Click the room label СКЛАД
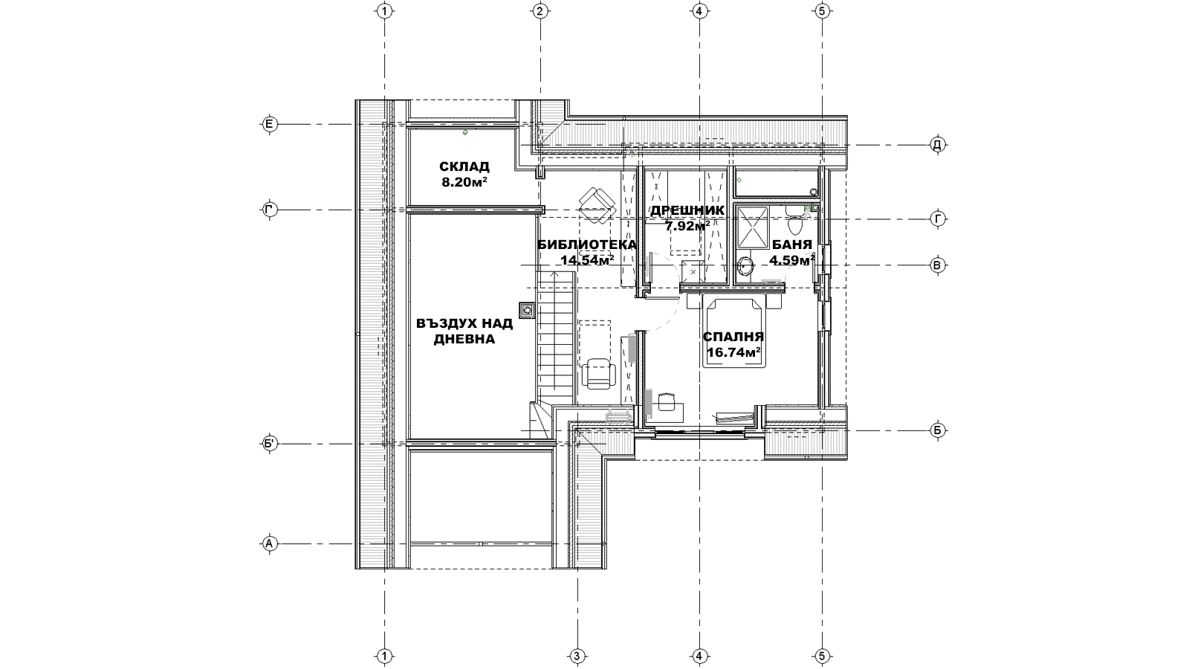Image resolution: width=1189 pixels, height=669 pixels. pyautogui.click(x=464, y=167)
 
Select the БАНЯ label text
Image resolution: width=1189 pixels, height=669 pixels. pyautogui.click(x=792, y=245)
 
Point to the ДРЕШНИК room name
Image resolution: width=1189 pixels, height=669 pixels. pyautogui.click(x=687, y=210)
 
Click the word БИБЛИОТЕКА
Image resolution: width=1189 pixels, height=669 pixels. pyautogui.click(x=586, y=245)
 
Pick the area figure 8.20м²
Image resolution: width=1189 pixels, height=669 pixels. pyautogui.click(x=464, y=182)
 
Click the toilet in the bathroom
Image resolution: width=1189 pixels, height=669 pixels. pyautogui.click(x=794, y=222)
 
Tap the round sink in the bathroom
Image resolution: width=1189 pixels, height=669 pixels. pyautogui.click(x=745, y=266)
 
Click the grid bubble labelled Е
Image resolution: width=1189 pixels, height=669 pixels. pyautogui.click(x=269, y=125)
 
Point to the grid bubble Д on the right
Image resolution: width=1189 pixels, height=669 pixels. pyautogui.click(x=938, y=144)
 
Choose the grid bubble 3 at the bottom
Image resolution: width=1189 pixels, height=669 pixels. pyautogui.click(x=577, y=657)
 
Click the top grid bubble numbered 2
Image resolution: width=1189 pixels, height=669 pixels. pyautogui.click(x=540, y=10)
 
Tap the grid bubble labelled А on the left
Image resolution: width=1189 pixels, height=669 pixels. pyautogui.click(x=269, y=543)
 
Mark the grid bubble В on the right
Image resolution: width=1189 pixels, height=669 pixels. pyautogui.click(x=938, y=265)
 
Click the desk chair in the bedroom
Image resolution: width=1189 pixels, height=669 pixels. pyautogui.click(x=666, y=402)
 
